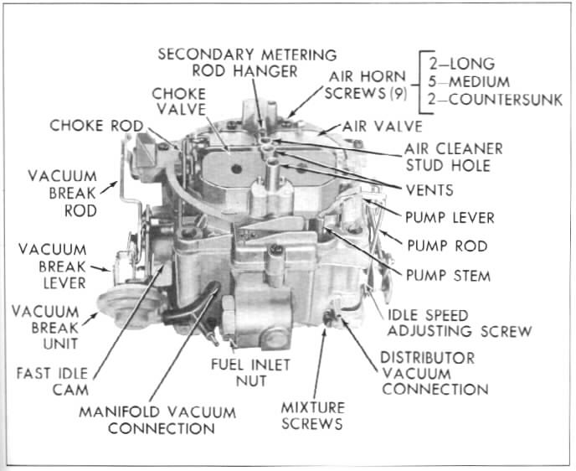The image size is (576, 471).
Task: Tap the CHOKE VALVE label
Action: (179, 102)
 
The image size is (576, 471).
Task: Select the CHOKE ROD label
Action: (95, 127)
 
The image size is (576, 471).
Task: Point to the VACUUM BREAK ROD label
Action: (63, 194)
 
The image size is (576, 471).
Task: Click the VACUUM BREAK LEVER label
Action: (51, 266)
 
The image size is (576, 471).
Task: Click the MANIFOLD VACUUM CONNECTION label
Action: (157, 420)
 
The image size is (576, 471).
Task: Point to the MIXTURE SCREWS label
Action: (312, 415)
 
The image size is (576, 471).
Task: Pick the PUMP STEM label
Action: (448, 275)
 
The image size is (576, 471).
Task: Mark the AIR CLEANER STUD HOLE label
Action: (453, 156)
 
